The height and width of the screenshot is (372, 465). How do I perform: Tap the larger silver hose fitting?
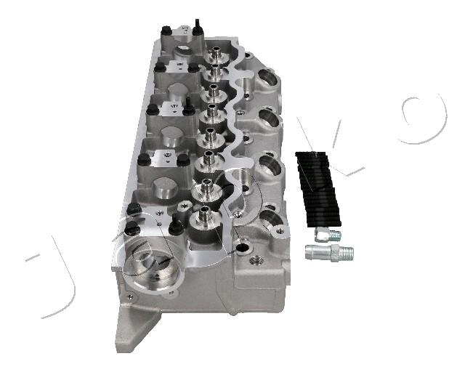(x=329, y=253)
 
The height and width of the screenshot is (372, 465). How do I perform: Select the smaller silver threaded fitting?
(x=328, y=235)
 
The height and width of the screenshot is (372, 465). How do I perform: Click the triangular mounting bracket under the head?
(x=136, y=326)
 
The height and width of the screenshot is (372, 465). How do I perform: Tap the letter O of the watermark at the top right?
(x=424, y=118)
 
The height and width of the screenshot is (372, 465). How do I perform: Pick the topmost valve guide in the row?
(x=216, y=54)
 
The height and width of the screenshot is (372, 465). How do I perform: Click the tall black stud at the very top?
(x=197, y=28)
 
